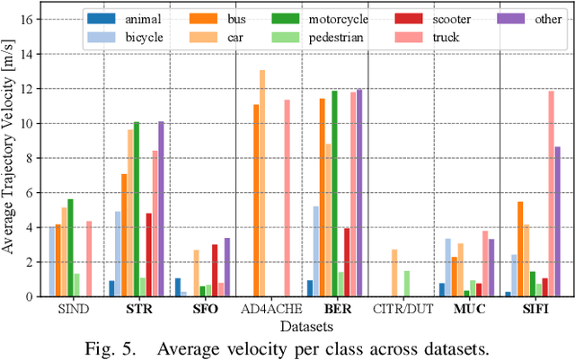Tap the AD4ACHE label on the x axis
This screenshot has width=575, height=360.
(269, 310)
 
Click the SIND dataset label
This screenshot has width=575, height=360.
(69, 310)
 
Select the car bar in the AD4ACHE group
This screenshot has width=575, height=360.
(262, 183)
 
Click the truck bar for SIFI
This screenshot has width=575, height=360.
(551, 193)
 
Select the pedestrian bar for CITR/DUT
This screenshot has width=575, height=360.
(406, 283)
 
